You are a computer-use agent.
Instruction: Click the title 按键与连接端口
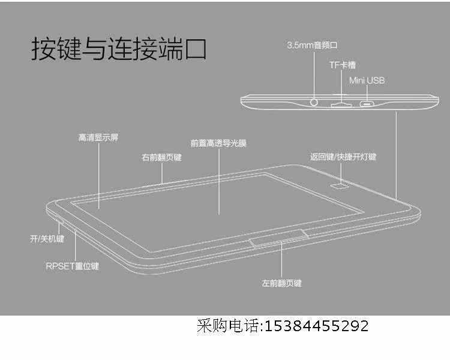pyautogui.click(x=119, y=49)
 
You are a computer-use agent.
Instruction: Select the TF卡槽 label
pyautogui.click(x=342, y=64)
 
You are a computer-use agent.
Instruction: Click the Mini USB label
pyautogui.click(x=367, y=80)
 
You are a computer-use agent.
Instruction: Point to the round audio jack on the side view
pyautogui.click(x=315, y=102)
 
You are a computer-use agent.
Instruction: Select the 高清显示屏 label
pyautogui.click(x=98, y=137)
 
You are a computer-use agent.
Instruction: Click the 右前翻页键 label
pyautogui.click(x=161, y=158)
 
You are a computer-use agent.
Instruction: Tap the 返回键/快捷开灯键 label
pyautogui.click(x=343, y=157)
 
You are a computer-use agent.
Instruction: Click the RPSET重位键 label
pyautogui.click(x=72, y=265)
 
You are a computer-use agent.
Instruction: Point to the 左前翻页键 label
pyautogui.click(x=282, y=282)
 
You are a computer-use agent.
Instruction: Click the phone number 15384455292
pyautogui.click(x=316, y=326)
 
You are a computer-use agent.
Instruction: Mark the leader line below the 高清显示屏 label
pyautogui.click(x=98, y=174)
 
